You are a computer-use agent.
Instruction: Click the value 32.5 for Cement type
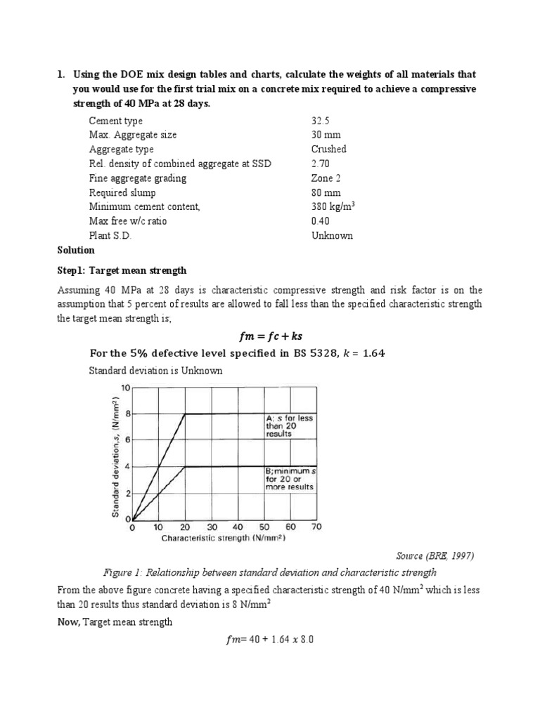(321, 121)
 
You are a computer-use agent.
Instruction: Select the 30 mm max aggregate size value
(326, 135)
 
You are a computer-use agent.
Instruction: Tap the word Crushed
(329, 149)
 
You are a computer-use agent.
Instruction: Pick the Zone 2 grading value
(327, 178)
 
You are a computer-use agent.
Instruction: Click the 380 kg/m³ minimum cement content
(335, 206)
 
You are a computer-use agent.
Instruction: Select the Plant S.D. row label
(110, 235)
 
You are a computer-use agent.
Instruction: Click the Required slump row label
(122, 192)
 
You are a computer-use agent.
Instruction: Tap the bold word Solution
(75, 250)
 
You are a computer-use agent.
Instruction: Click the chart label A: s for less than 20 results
(290, 426)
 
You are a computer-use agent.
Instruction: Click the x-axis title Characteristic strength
(214, 539)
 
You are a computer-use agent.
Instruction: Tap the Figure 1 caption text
(269, 572)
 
